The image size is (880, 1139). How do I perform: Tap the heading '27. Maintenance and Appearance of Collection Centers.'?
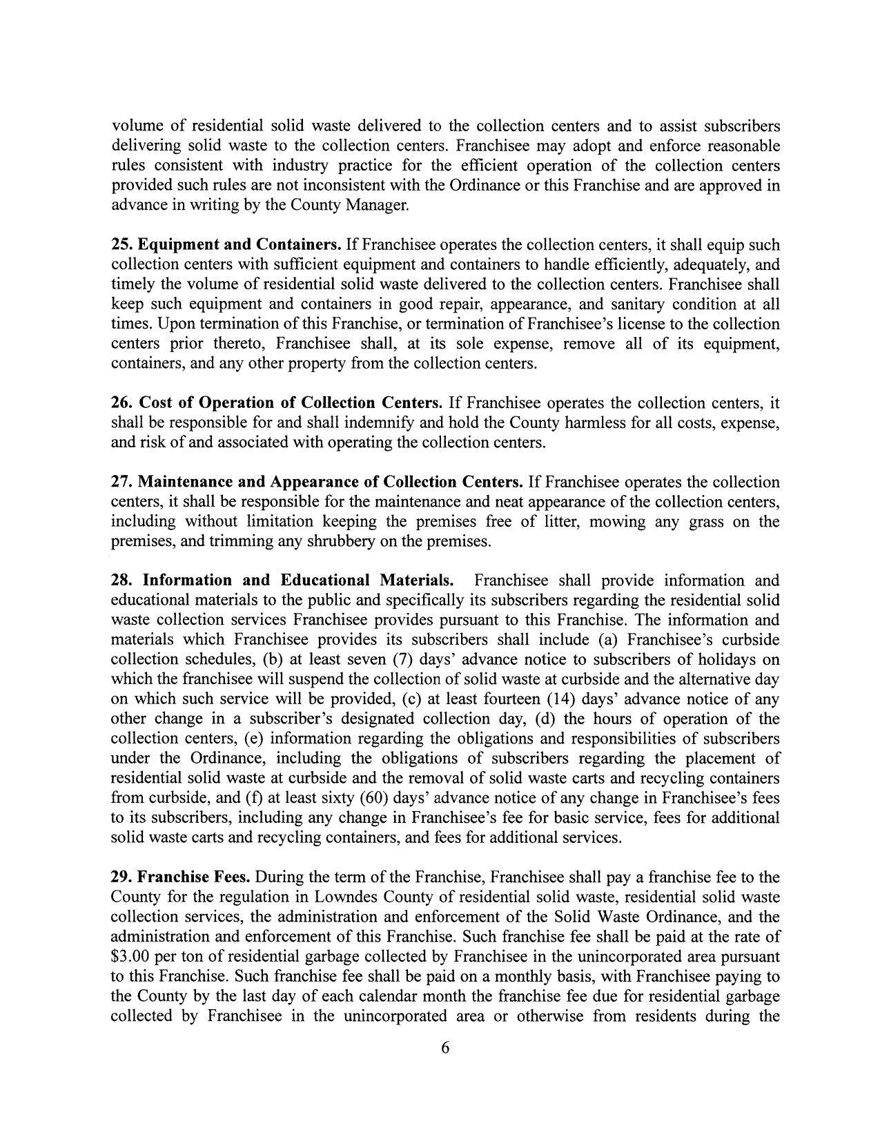click(317, 482)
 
